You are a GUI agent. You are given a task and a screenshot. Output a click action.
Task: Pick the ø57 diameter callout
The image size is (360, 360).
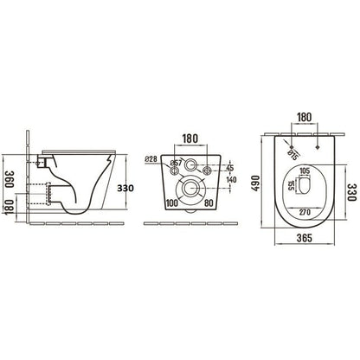(x=176, y=164)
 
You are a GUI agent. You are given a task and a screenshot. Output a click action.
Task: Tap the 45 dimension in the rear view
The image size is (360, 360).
(x=230, y=168)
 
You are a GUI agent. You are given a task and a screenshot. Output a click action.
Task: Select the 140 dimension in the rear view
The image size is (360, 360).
(x=231, y=180)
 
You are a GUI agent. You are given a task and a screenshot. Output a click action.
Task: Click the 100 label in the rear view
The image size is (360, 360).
(x=170, y=204)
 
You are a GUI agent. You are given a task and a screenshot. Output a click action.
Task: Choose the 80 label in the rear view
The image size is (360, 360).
(x=208, y=204)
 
